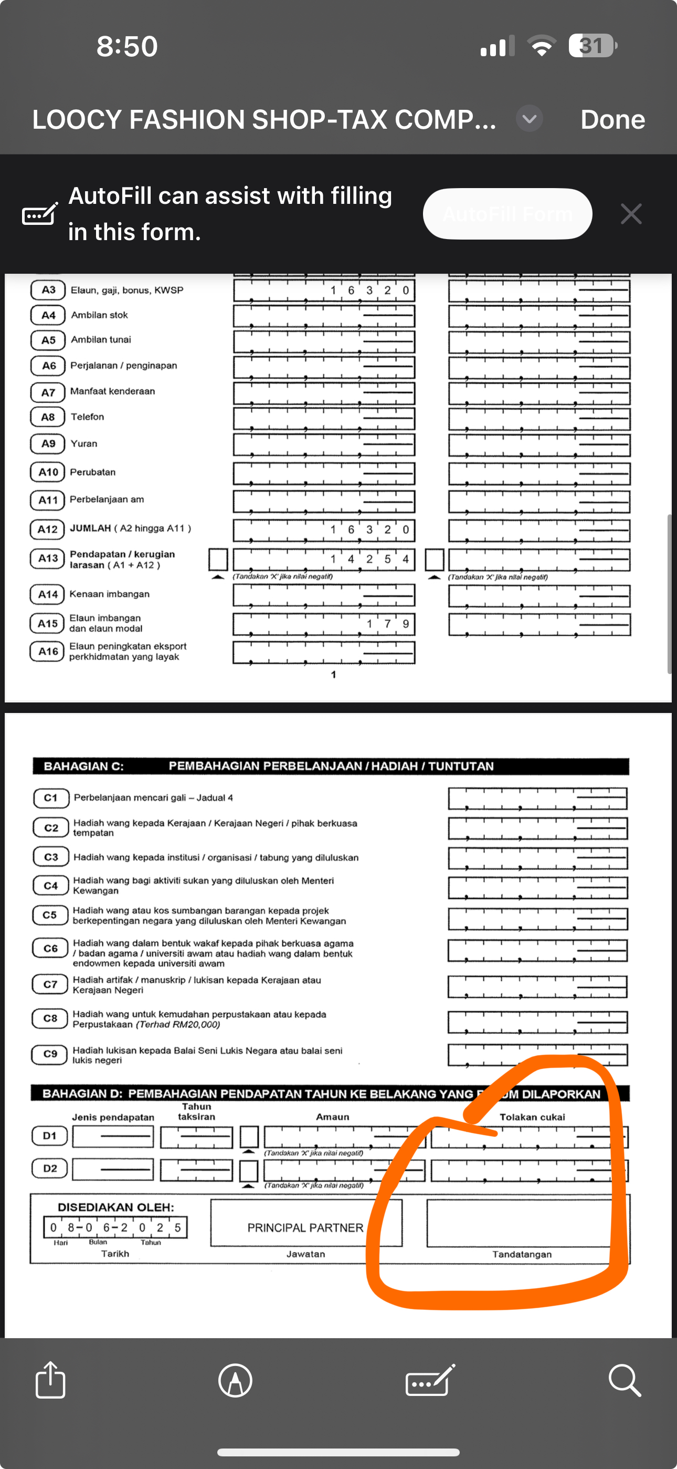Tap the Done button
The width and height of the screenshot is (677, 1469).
(x=612, y=120)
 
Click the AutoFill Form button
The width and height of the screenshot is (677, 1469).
(x=507, y=214)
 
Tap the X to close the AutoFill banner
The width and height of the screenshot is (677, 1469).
(x=631, y=214)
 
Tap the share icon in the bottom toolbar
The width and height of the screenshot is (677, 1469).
(x=50, y=1380)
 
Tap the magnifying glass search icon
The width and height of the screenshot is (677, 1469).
(x=625, y=1380)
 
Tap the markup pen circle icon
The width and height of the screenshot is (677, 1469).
(x=235, y=1380)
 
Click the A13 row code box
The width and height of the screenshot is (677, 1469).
(x=47, y=558)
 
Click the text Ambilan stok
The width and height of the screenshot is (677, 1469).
(x=99, y=315)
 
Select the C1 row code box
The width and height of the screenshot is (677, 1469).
(x=51, y=798)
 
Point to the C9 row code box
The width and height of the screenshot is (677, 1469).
(x=50, y=1054)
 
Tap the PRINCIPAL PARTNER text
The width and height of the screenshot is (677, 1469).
(x=305, y=1228)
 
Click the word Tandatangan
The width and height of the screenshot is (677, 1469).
(x=522, y=1254)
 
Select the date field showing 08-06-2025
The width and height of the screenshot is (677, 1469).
(x=115, y=1227)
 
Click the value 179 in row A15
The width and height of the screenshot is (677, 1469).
(x=387, y=624)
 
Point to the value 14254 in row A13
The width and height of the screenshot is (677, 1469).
(x=369, y=559)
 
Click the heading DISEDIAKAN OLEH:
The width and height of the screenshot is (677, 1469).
(x=115, y=1207)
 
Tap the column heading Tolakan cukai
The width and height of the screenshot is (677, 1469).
(x=532, y=1117)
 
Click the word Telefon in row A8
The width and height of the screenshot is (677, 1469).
(x=87, y=417)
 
